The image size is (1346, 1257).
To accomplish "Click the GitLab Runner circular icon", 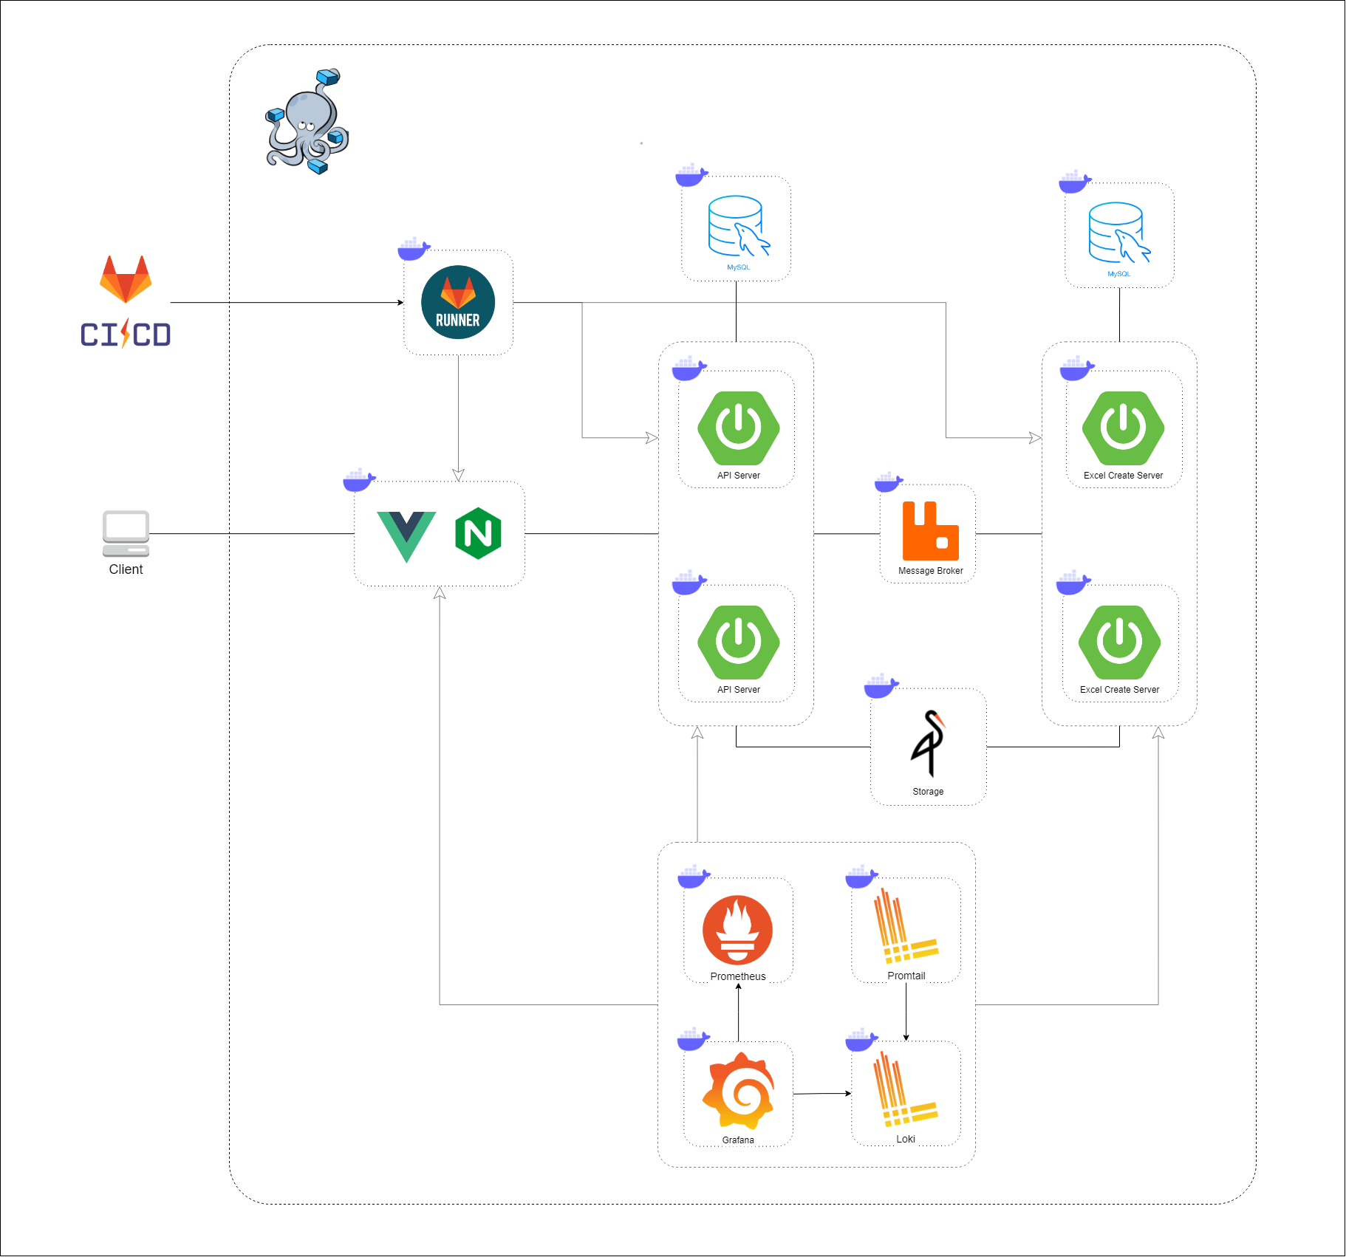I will click(x=458, y=302).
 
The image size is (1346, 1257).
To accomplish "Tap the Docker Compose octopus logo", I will click(x=307, y=122).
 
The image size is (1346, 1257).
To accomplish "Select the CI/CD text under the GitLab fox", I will click(x=126, y=335).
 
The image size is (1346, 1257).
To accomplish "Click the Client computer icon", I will click(x=126, y=533).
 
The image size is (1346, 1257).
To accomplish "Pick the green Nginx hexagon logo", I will click(x=479, y=533).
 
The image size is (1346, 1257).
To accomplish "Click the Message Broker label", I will click(x=930, y=571).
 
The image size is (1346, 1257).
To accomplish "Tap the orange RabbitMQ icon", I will click(x=930, y=531).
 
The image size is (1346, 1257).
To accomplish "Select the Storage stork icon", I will click(x=929, y=743).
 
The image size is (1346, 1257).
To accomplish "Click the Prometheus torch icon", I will click(x=737, y=930).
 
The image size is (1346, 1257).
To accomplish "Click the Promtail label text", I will click(x=906, y=976).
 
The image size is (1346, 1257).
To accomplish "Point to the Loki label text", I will click(x=906, y=1139).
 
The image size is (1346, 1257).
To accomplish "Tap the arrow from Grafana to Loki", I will click(x=821, y=1094).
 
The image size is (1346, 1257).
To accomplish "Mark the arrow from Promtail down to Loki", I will click(x=906, y=1012).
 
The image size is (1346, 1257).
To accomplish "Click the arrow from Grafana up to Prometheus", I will click(x=738, y=1012).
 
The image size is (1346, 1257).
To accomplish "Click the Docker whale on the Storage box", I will click(x=881, y=686).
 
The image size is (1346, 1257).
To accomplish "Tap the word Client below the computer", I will click(x=126, y=569).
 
